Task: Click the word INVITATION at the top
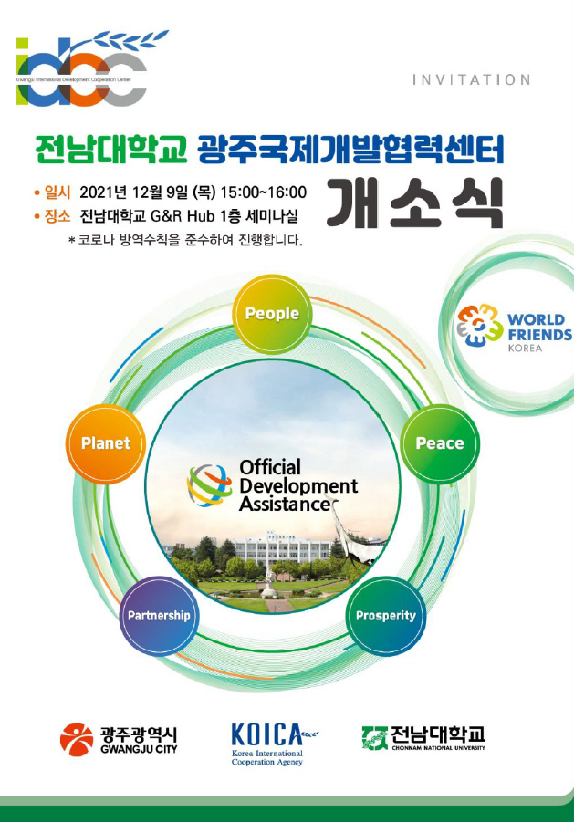tap(471, 80)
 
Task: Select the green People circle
tap(272, 314)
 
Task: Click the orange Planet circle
tap(106, 443)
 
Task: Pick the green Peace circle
tap(440, 443)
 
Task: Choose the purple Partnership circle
tap(159, 615)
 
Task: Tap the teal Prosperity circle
tap(385, 615)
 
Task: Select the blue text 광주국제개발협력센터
tap(350, 149)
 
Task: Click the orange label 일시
tap(57, 192)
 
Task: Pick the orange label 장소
tap(57, 216)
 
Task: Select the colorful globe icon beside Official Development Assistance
tap(210, 484)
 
